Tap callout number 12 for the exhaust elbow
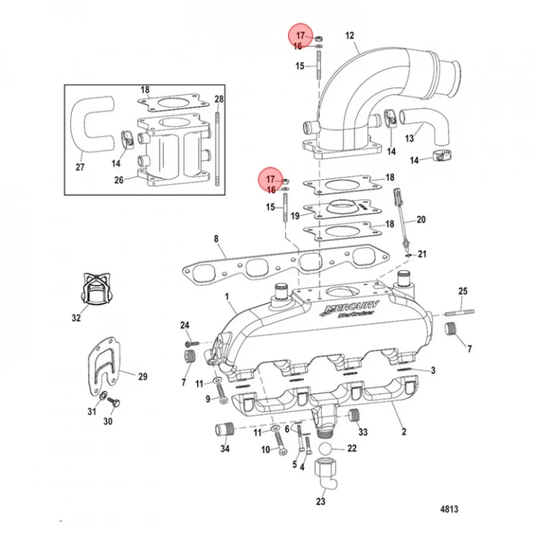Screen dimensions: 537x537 (x=350, y=35)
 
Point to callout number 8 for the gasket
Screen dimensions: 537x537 (x=216, y=239)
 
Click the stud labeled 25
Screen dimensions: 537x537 (x=460, y=312)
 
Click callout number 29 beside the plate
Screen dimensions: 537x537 (x=142, y=376)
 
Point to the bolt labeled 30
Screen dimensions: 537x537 (x=115, y=403)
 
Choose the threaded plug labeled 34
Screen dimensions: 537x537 (x=225, y=431)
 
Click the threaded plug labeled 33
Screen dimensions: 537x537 (x=355, y=415)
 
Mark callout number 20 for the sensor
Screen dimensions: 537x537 (x=421, y=219)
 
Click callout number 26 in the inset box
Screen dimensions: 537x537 (x=119, y=180)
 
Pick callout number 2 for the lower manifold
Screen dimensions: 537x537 (x=404, y=431)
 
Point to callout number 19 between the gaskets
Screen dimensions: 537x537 (x=295, y=216)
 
